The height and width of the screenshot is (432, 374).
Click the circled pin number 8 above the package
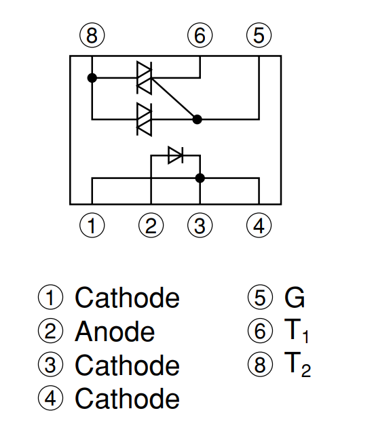point(92,35)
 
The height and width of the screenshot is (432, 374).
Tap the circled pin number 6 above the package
point(200,35)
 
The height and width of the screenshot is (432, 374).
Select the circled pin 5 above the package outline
point(259,35)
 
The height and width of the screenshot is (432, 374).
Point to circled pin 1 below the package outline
point(92,226)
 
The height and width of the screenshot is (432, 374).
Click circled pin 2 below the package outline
point(151,226)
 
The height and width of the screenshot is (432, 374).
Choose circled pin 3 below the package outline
point(200,226)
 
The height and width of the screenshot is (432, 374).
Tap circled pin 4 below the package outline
point(259,226)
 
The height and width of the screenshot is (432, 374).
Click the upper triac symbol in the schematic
point(145,78)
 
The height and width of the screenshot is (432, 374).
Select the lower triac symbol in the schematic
point(145,119)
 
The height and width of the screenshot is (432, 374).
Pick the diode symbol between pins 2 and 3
point(175,155)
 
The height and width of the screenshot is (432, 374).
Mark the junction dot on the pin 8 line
point(92,78)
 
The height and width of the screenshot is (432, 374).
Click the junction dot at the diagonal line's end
point(198,119)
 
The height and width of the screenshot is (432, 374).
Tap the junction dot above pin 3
point(200,178)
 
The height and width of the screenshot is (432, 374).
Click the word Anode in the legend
point(115,332)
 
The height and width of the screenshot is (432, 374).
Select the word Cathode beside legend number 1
point(127,298)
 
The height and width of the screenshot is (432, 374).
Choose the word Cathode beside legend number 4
point(127,398)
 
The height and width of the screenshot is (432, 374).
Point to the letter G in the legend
point(295,298)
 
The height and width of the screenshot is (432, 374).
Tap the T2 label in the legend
point(297,364)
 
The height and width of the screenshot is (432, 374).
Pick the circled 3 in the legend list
point(50,365)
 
